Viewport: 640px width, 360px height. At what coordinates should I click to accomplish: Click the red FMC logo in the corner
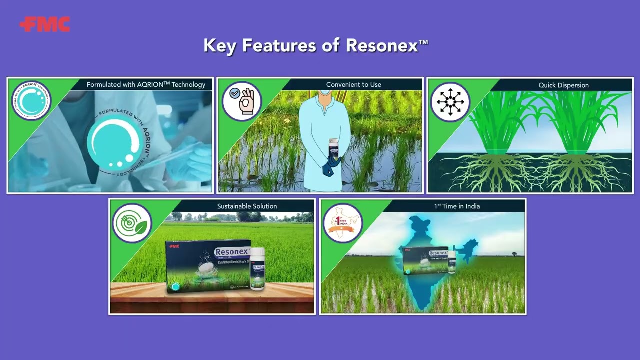pos(45,24)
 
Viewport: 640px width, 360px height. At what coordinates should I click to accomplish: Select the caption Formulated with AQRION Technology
pos(146,85)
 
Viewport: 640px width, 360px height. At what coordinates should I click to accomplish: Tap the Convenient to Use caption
pos(353,85)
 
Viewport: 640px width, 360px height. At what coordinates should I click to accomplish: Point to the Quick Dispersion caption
pos(563,85)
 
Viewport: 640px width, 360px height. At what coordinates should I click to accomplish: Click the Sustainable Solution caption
pos(247,206)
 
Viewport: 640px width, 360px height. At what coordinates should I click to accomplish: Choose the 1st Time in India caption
pos(457,206)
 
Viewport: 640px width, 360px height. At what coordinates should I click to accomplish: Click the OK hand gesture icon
pos(242,101)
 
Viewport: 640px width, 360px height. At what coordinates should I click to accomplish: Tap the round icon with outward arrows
pos(450,102)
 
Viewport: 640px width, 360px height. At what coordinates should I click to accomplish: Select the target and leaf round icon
pos(132,223)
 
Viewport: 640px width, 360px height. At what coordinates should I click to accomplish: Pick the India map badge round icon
pos(343,223)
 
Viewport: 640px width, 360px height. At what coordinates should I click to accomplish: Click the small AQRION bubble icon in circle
pos(31,100)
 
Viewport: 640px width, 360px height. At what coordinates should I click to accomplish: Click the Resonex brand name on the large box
pos(231,252)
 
